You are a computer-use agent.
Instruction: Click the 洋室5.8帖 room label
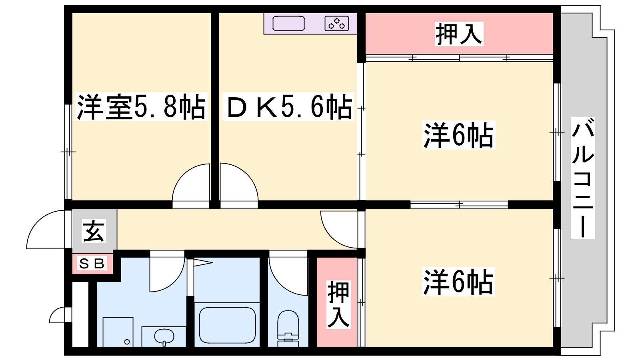pyautogui.click(x=141, y=106)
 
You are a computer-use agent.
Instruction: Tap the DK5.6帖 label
pyautogui.click(x=288, y=106)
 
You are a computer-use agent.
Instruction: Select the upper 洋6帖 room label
pyautogui.click(x=458, y=135)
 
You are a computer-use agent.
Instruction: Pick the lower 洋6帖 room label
pyautogui.click(x=458, y=282)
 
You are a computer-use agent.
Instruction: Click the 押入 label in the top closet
pyautogui.click(x=459, y=34)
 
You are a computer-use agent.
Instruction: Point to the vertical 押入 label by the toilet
pyautogui.click(x=338, y=304)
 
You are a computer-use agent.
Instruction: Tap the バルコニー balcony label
pyautogui.click(x=583, y=178)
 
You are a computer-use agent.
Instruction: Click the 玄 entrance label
pyautogui.click(x=94, y=231)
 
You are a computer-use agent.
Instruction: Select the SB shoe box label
pyautogui.click(x=92, y=263)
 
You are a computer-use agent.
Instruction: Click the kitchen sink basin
pyautogui.click(x=288, y=24)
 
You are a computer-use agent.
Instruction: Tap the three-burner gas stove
pyautogui.click(x=337, y=24)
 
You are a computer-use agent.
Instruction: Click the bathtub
pyautogui.click(x=227, y=325)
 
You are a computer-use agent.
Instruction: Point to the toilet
pyautogui.click(x=288, y=328)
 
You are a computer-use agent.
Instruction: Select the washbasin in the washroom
pyautogui.click(x=164, y=336)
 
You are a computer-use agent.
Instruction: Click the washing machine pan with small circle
pyautogui.click(x=118, y=332)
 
